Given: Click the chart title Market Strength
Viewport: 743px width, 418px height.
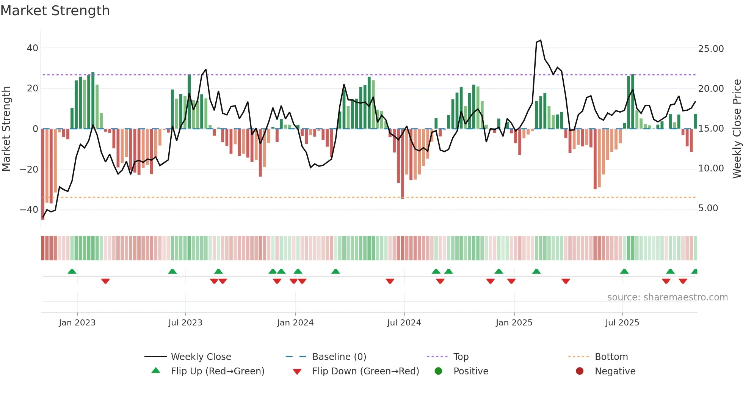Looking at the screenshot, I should pos(55,11).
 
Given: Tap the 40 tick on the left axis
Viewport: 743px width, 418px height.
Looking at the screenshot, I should pos(33,48).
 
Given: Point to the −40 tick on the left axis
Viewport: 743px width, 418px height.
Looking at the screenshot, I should pos(29,209).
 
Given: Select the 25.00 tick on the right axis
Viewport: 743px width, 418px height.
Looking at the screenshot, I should pos(711,49).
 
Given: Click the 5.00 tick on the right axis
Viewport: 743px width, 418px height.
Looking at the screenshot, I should pos(708,208).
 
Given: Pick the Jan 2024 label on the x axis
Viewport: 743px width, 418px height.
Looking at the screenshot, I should pos(295,323).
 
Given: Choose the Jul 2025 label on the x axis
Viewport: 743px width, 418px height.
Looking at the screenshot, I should pos(622,323).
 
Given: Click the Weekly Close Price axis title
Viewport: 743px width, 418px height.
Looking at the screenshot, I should pos(737,129).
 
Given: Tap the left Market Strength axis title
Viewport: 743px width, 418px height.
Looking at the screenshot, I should pos(6,129).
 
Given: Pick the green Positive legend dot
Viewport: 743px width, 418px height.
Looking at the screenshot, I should pos(439,371).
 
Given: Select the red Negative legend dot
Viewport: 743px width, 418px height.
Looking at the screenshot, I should pos(580,371).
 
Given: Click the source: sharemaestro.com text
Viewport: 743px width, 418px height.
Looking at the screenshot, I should pos(667,297).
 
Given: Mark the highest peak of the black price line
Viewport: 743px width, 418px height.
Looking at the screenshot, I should pos(541,40).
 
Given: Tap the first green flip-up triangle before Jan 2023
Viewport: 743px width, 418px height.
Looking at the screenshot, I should pos(72,272).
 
